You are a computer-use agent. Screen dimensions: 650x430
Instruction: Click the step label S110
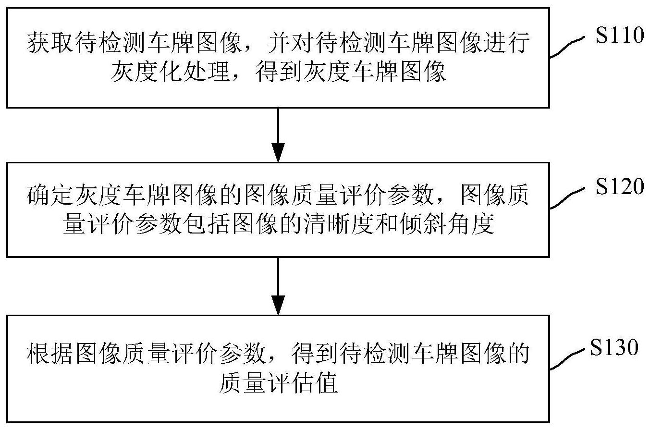620,35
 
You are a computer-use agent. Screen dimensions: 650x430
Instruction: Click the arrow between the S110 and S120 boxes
278,135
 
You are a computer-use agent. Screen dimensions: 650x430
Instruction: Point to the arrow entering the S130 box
278,286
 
